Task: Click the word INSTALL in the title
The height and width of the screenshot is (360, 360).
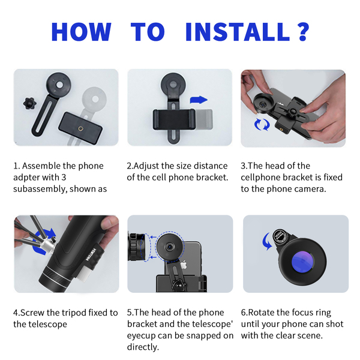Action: (238, 32)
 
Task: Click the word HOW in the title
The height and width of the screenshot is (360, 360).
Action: (81, 32)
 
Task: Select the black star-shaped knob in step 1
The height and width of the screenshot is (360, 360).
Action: (29, 103)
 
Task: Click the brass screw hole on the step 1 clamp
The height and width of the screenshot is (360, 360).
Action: (80, 128)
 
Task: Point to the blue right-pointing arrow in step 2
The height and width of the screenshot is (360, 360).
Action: (199, 100)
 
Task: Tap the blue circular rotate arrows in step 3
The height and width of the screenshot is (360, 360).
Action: (262, 124)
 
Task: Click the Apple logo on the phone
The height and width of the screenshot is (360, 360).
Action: (184, 265)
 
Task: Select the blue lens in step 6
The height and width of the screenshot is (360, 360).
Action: (302, 262)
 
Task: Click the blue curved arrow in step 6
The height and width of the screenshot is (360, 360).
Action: (267, 242)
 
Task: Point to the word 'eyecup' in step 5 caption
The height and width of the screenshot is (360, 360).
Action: (141, 336)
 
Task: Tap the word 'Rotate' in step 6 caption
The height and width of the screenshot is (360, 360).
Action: (261, 313)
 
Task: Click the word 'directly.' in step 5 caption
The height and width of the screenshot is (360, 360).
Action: (143, 347)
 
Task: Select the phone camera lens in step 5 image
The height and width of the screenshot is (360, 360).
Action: (170, 247)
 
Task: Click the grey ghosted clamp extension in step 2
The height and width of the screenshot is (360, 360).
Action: (204, 119)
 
